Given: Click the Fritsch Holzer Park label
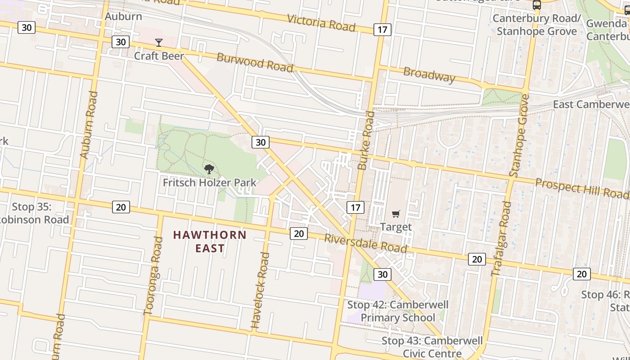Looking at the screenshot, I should [210, 183].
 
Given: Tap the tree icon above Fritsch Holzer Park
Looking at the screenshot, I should [209, 170].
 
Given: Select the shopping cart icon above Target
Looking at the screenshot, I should [396, 214].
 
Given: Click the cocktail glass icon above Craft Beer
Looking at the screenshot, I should [159, 43].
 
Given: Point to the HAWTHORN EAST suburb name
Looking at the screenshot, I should [210, 242].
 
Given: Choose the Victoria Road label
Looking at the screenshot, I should [321, 22].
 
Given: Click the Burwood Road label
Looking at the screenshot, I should [255, 62].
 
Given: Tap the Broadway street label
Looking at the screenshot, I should [429, 74].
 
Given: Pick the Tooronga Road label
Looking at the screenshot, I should [153, 275].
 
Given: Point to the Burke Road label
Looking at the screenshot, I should [366, 140].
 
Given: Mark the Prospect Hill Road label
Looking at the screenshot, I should [582, 188].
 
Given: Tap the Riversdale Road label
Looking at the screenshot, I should [365, 243].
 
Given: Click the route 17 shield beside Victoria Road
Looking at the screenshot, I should [382, 30].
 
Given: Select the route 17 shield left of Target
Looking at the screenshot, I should [355, 207].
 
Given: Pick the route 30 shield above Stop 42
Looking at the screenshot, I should [382, 274].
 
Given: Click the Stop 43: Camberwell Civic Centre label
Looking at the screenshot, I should [432, 347].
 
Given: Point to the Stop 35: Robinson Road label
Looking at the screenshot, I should [34, 213].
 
